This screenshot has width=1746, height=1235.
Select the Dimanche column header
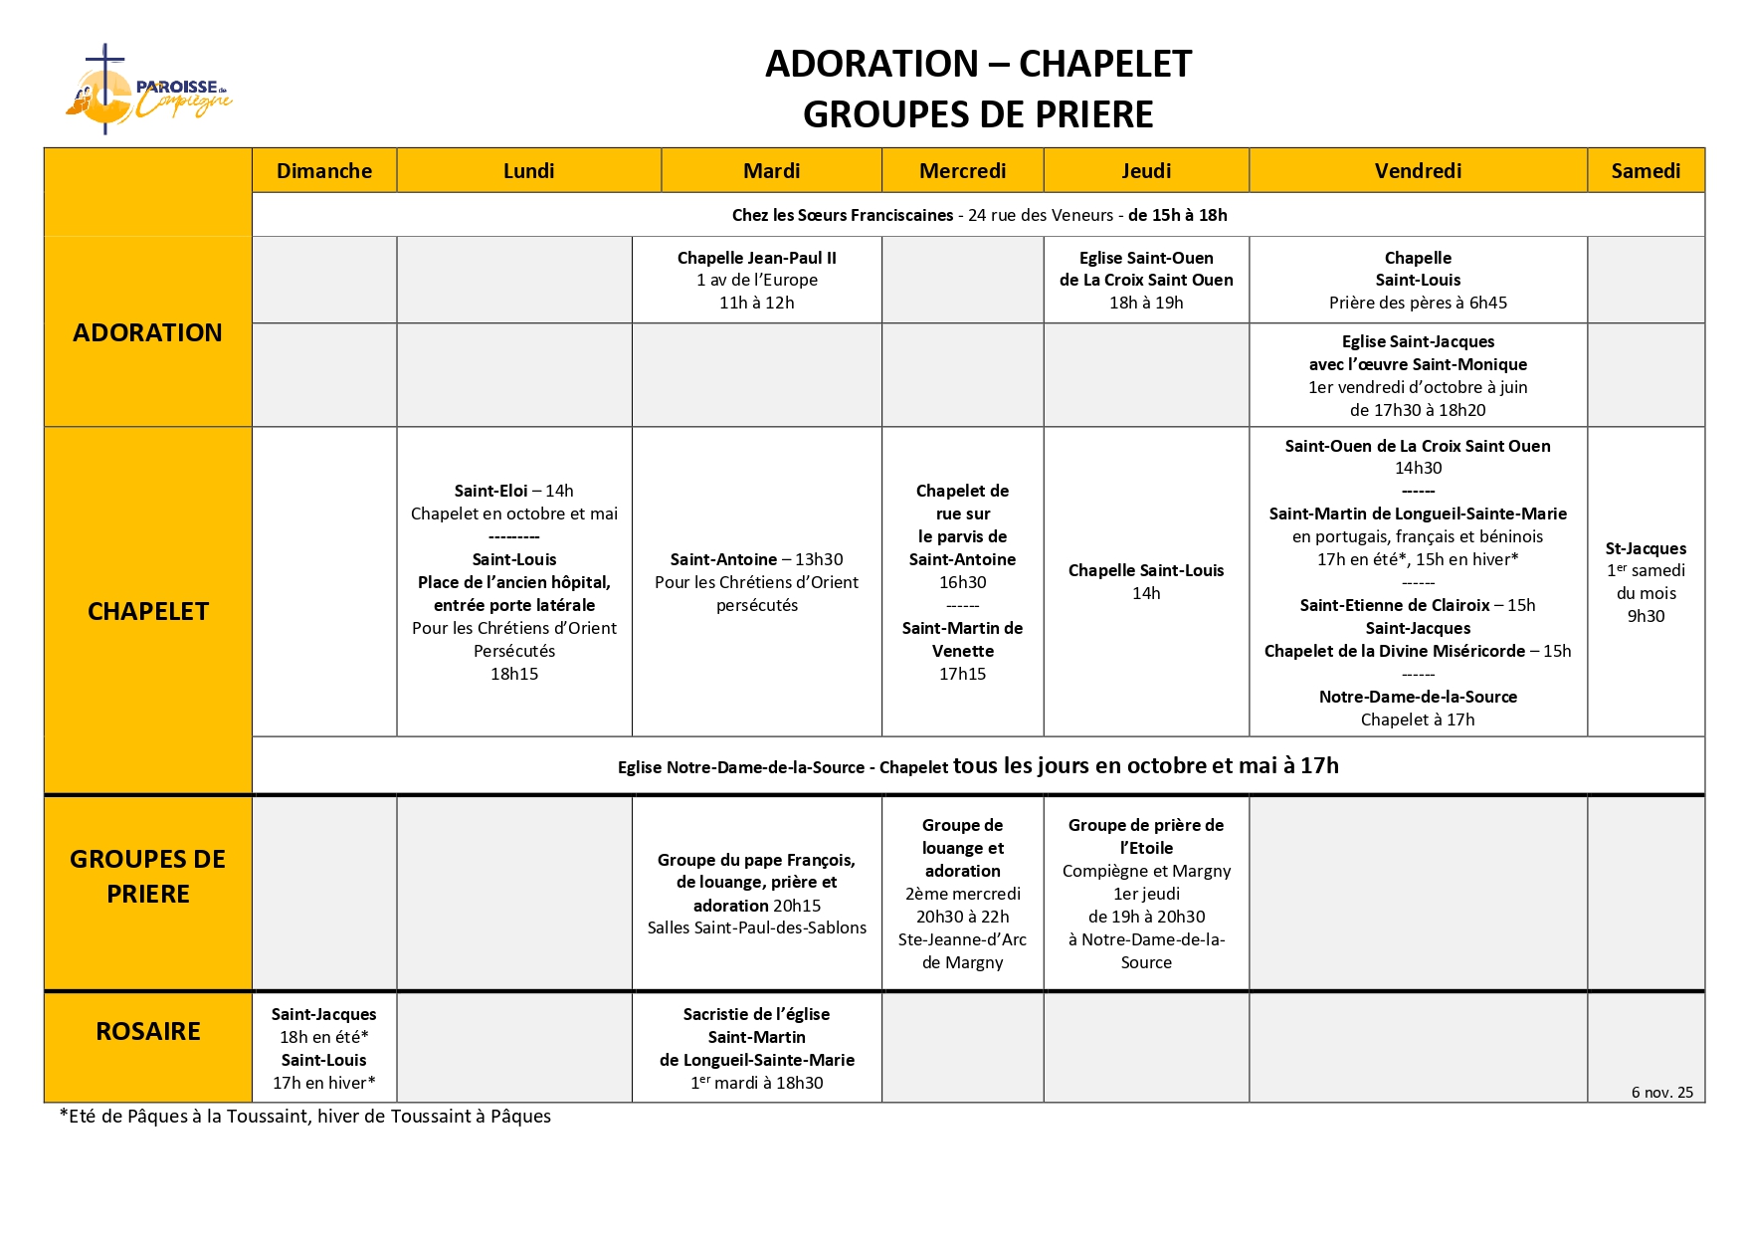tap(324, 171)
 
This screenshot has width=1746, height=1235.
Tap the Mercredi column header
tap(962, 171)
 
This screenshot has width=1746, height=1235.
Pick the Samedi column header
tap(1646, 171)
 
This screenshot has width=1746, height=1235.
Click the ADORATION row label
tap(147, 332)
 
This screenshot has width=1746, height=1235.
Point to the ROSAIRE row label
tap(147, 1031)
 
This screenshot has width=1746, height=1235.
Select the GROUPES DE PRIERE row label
tap(147, 876)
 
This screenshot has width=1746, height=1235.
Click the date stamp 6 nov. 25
tap(1661, 1092)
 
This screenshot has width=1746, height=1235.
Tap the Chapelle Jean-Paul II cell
tap(756, 280)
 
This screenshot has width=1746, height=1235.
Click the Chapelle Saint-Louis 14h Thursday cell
tap(1146, 581)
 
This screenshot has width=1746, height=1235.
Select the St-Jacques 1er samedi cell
tap(1646, 581)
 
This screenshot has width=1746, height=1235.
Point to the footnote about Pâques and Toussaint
tap(305, 1117)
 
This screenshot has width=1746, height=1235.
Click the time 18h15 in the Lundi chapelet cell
tap(514, 674)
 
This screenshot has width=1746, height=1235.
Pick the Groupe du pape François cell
tap(756, 893)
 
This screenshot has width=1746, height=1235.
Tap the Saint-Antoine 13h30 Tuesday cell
tap(756, 581)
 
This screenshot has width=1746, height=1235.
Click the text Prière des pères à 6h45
tap(1418, 303)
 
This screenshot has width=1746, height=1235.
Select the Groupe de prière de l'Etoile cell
tap(1146, 893)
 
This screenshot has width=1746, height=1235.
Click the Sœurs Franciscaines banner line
tap(979, 215)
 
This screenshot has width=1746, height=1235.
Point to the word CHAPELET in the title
tap(1104, 64)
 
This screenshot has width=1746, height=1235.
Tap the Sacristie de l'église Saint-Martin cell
tap(756, 1048)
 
